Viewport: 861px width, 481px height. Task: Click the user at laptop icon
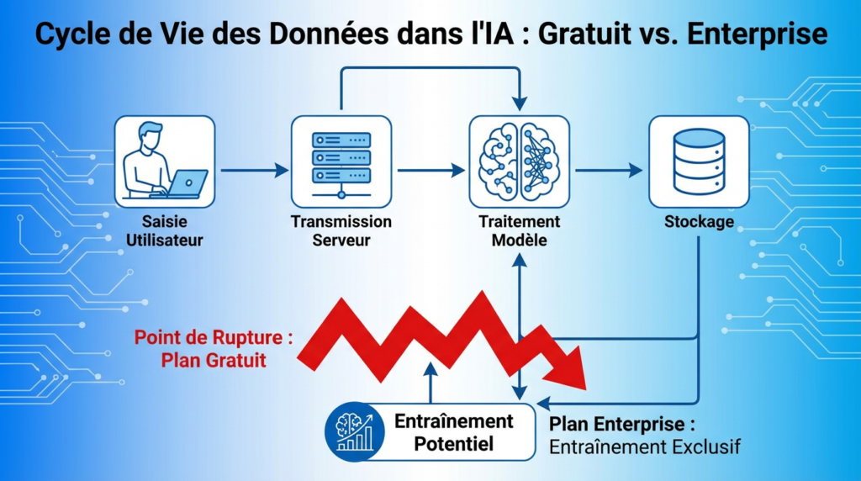click(165, 161)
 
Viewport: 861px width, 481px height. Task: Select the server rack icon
click(341, 161)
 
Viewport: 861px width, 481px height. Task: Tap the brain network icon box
click(519, 161)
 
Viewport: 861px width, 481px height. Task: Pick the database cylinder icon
click(699, 161)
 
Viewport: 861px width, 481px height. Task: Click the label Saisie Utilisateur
click(165, 231)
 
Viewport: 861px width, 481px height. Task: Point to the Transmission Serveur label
click(341, 231)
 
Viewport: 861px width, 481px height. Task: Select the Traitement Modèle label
click(519, 231)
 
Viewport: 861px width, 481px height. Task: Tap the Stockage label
click(699, 223)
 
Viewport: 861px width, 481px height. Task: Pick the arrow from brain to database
click(608, 170)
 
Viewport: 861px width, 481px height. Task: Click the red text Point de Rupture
click(214, 339)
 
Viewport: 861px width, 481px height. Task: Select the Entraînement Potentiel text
click(453, 431)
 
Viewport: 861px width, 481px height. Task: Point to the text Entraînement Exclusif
click(644, 447)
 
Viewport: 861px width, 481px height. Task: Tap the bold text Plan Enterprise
click(621, 423)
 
